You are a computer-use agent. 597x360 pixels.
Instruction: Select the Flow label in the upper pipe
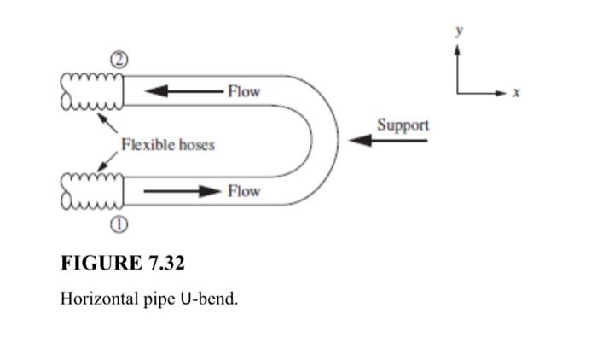coord(244,90)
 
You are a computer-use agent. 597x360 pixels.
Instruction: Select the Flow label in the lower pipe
coord(244,191)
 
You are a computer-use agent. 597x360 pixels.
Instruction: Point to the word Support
coord(403,125)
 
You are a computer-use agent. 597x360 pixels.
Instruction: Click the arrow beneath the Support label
coord(388,141)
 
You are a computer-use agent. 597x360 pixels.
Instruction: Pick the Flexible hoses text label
coord(168,145)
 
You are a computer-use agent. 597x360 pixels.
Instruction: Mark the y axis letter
coord(458,30)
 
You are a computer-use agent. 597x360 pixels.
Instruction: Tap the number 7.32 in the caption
coord(162,262)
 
